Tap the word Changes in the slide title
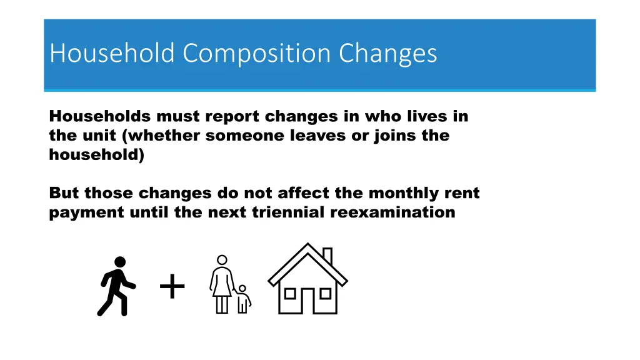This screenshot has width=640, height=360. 387,54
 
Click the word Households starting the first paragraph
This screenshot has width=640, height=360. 100,116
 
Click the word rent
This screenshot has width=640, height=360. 462,192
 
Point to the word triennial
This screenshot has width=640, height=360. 288,212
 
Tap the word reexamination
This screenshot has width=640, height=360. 392,212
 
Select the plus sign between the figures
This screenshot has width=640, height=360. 172,287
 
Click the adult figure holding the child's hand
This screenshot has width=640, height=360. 222,283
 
